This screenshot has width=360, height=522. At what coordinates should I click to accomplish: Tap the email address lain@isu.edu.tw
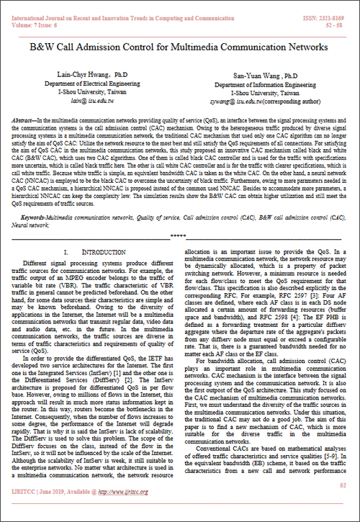81,103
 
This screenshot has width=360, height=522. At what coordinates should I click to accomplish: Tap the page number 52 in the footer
343,505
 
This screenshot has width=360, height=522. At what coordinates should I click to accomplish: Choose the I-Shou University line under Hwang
81,94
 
